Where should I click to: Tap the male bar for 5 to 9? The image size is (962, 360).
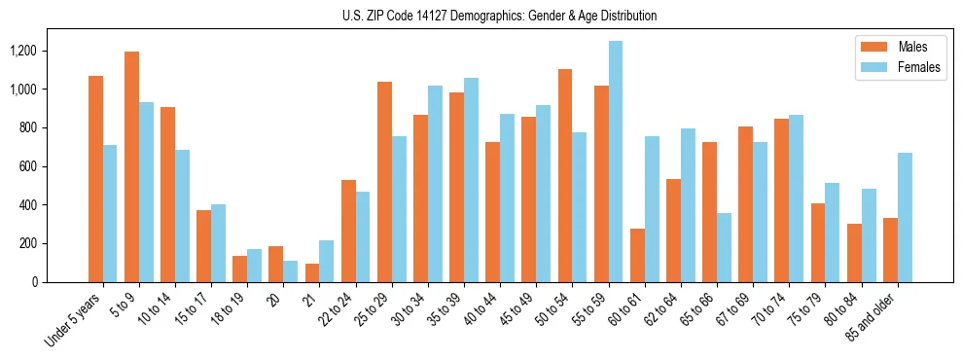(x=131, y=166)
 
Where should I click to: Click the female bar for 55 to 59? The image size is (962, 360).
(x=615, y=162)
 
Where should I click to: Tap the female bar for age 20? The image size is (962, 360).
(x=290, y=271)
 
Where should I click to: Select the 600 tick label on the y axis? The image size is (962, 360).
(x=26, y=166)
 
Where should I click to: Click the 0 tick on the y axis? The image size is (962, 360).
(x=33, y=282)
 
